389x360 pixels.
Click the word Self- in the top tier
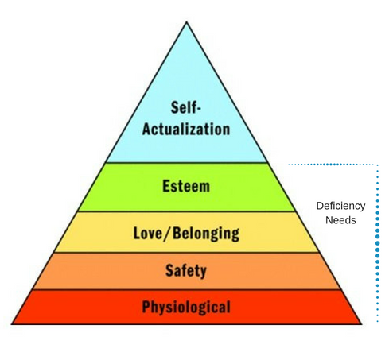pos(186,107)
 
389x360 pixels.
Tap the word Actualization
pos(186,129)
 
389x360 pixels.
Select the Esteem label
pos(186,186)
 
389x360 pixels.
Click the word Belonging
pos(206,234)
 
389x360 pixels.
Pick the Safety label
pos(186,271)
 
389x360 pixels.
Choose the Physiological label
pos(186,308)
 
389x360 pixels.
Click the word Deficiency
pos(340,206)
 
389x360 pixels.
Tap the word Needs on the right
pos(340,220)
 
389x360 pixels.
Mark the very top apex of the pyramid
pos(187,21)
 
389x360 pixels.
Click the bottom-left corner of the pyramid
pos(12,324)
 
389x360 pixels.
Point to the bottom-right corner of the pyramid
pos(361,324)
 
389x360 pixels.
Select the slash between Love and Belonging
pos(169,234)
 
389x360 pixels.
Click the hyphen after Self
pos(199,109)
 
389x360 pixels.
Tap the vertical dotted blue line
pos(378,243)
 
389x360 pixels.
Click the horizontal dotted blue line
pos(333,165)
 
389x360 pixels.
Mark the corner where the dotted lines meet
pos(378,165)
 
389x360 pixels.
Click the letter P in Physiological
pos(146,307)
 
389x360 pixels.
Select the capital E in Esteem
pos(166,186)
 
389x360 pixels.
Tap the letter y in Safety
pos(203,273)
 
